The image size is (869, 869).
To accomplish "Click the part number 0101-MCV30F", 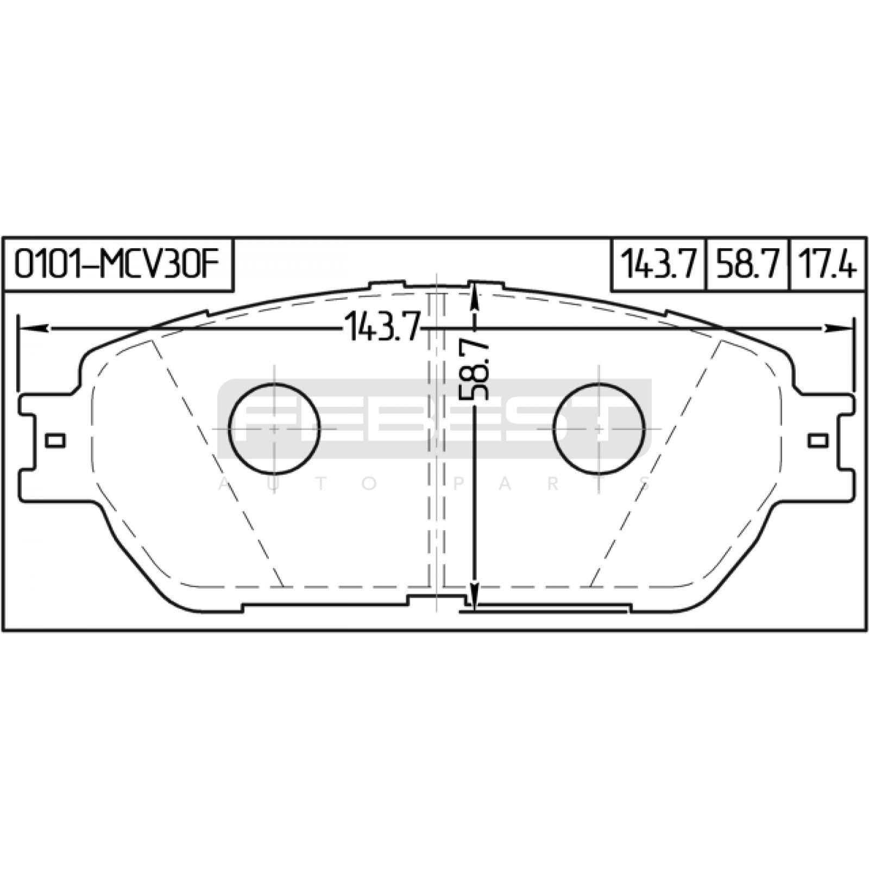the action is (117, 264).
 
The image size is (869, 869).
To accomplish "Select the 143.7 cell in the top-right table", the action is (658, 265).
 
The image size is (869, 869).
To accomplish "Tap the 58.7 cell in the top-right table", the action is (747, 265).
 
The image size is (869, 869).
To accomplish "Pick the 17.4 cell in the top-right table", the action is (827, 265).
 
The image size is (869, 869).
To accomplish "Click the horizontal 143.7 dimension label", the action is (382, 328).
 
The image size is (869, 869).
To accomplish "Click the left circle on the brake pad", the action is (274, 429).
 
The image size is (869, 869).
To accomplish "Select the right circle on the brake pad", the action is (599, 429).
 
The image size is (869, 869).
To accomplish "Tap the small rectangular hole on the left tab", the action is (55, 440).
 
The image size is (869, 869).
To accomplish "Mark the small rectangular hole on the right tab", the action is (817, 440).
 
